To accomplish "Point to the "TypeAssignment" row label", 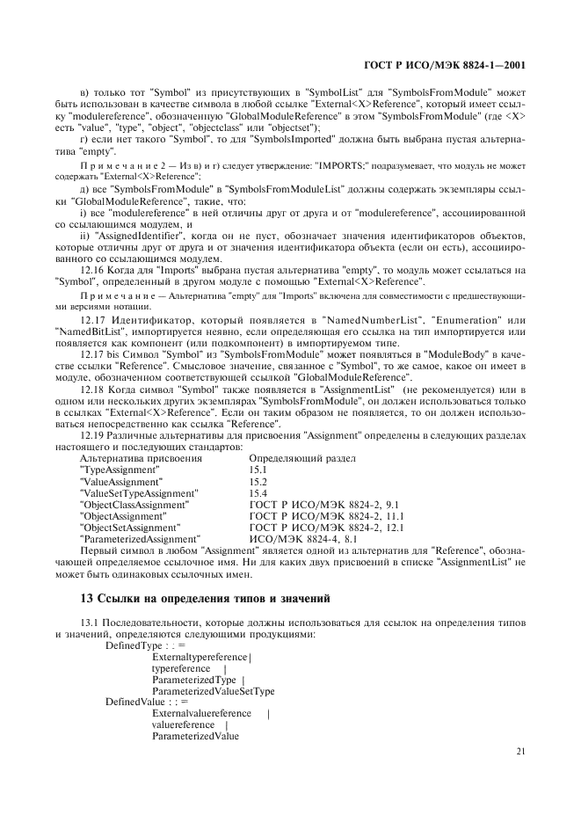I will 120,470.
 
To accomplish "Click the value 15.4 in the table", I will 258,493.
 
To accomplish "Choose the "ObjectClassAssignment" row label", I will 133,505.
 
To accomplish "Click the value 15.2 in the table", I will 258,482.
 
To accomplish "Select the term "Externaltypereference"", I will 200,657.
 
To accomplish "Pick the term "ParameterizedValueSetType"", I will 213,690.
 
